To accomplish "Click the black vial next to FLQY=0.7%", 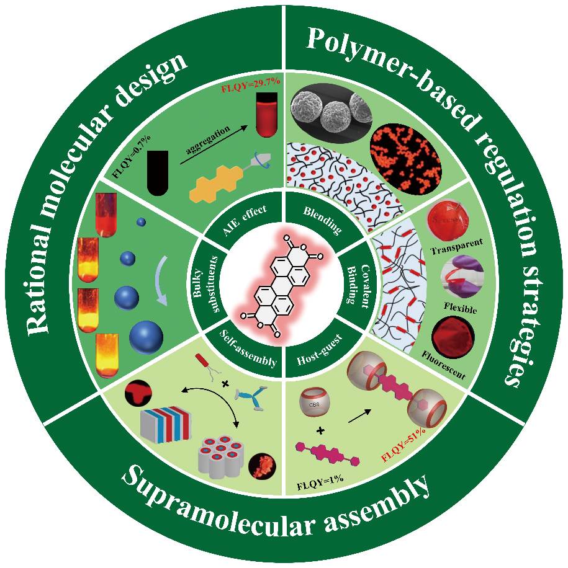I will click(x=157, y=174).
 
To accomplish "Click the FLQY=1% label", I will click(x=320, y=481).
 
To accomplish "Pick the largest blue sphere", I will click(x=147, y=337).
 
